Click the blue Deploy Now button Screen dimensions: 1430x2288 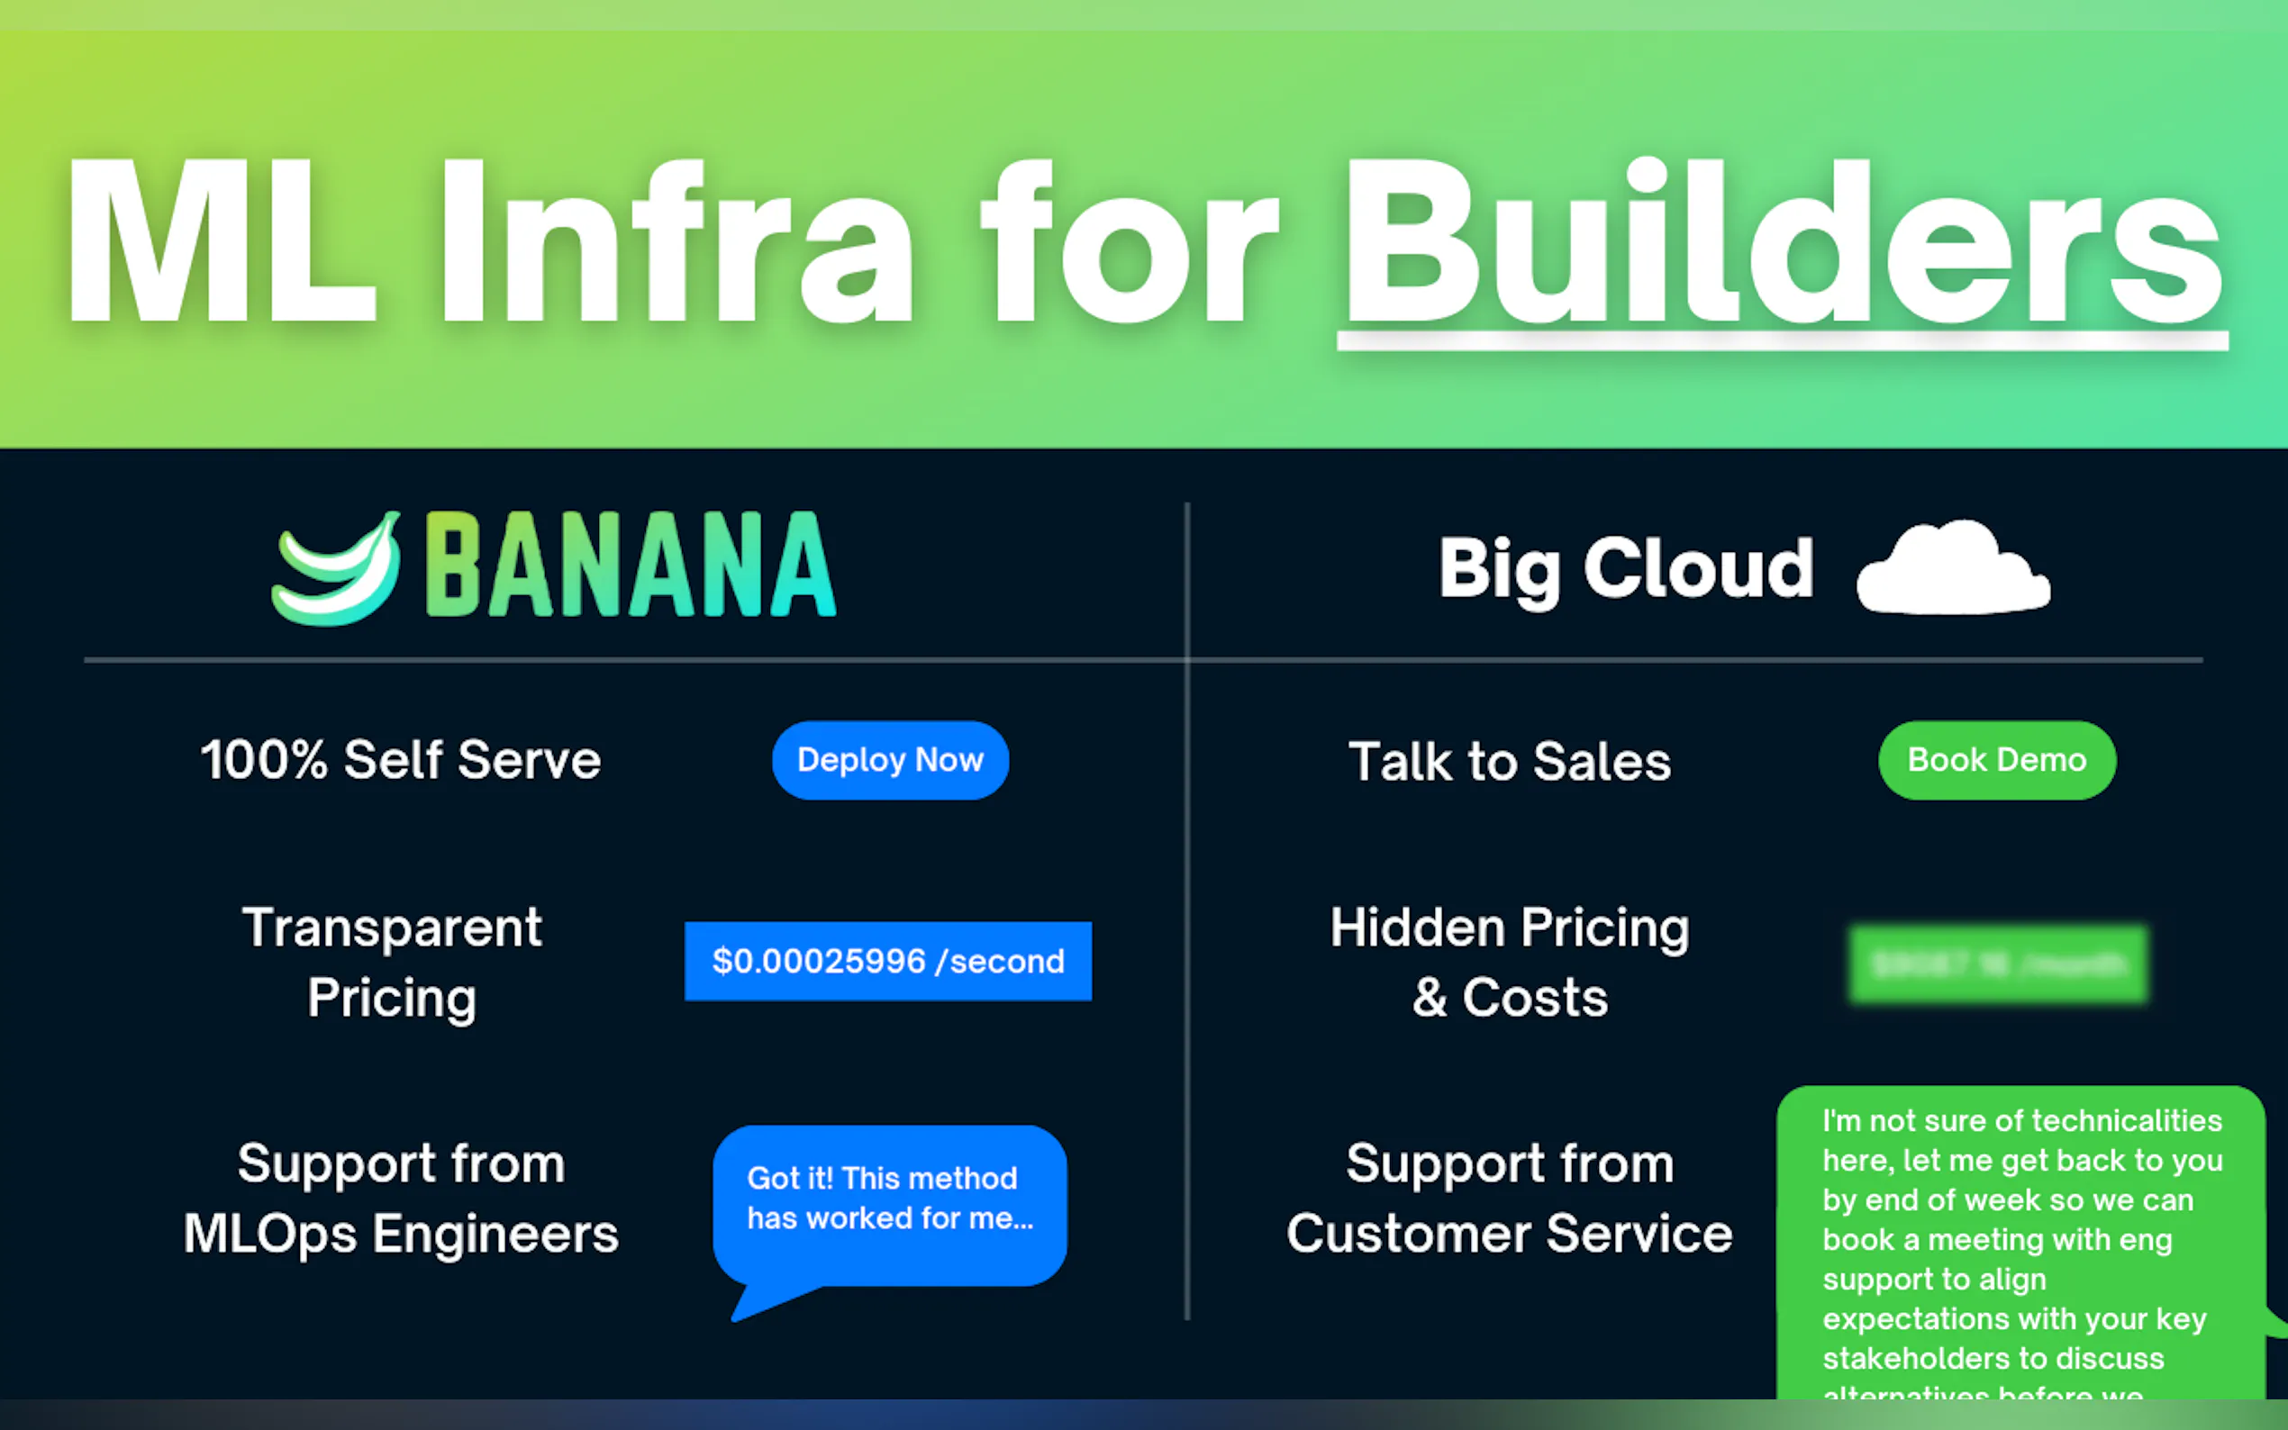coord(890,760)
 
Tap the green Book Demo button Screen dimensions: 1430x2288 coord(1997,760)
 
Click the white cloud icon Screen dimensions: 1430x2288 coord(1953,569)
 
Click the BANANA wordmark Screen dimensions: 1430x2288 coord(630,566)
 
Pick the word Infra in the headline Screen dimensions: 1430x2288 coord(676,244)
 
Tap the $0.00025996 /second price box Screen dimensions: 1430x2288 coord(887,961)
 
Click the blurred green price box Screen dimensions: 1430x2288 coord(1998,964)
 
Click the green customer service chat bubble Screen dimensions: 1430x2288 coord(2020,1248)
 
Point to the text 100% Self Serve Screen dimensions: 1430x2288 coord(401,760)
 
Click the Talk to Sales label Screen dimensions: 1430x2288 coord(1510,763)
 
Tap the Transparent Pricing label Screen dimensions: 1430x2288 coord(392,962)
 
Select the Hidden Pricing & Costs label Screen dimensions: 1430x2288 coord(1510,962)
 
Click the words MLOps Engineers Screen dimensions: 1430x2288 coord(401,1235)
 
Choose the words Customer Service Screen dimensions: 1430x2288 coord(1510,1235)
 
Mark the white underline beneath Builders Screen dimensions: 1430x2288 coord(1782,340)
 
